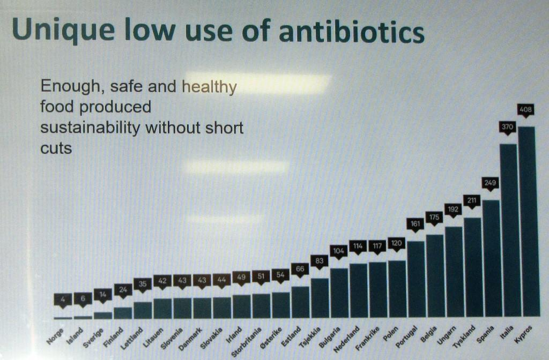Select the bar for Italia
tap(508, 230)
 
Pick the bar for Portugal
tap(416, 279)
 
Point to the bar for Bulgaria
tap(339, 292)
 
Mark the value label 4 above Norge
tap(63, 300)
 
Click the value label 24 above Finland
tap(123, 290)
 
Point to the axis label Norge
tap(55, 334)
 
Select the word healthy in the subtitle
tap(210, 87)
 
